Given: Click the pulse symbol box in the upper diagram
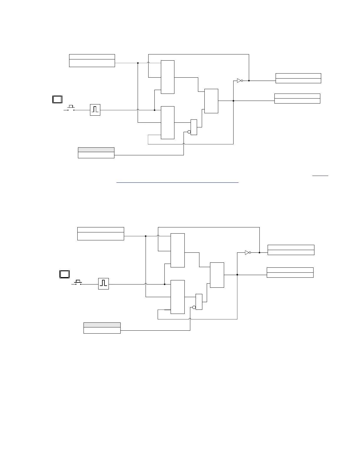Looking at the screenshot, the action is [x=95, y=110].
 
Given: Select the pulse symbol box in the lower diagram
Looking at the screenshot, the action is [x=103, y=284].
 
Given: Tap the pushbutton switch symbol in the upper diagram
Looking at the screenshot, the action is [x=71, y=108].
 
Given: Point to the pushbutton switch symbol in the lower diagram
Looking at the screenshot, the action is [x=78, y=282].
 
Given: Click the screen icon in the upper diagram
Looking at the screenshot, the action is [x=57, y=99].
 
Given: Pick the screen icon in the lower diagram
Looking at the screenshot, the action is [x=65, y=274].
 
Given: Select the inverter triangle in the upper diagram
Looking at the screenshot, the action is [x=239, y=81].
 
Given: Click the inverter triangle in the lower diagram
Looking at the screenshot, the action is [x=247, y=252].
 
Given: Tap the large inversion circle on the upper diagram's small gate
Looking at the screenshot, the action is [x=189, y=132].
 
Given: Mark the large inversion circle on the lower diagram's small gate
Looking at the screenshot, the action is [x=194, y=307].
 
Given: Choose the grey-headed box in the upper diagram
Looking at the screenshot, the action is [x=96, y=153].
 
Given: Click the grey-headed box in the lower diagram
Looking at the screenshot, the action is [x=102, y=328].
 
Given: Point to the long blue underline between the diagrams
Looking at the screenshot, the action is [x=177, y=183].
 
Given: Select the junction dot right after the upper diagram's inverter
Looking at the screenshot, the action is [x=249, y=81].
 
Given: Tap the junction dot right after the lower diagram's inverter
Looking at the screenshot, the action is [x=259, y=252].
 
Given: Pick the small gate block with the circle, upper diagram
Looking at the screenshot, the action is [x=194, y=127].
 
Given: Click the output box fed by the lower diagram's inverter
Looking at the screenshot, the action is [x=291, y=250].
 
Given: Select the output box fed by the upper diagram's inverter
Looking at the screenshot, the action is [x=298, y=78].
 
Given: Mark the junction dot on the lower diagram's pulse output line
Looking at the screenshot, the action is [x=164, y=284].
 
